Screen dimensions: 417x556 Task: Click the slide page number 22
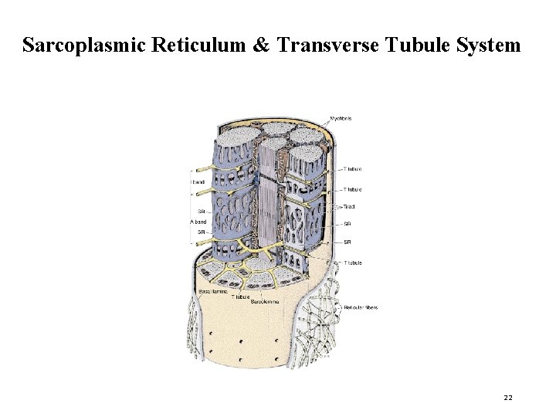pos(508,397)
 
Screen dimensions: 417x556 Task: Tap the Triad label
pos(349,207)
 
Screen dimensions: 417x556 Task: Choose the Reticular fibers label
pos(361,307)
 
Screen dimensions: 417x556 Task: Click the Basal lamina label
pos(213,291)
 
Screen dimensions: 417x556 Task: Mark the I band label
pos(197,181)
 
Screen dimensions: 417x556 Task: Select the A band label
pos(198,222)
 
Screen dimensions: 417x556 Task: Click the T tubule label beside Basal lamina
pos(241,297)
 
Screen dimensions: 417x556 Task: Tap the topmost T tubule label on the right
pos(351,168)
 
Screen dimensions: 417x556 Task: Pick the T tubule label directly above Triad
pos(351,189)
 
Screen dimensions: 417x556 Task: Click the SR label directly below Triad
pos(347,225)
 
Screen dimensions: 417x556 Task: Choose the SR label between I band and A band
pos(202,210)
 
